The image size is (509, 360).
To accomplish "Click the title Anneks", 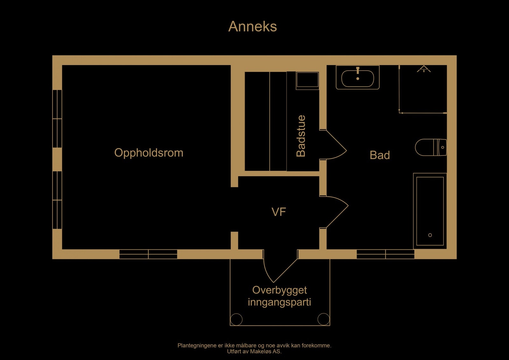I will coord(253,26).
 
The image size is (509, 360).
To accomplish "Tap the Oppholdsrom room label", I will coord(149,153).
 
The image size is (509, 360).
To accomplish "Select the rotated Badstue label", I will coord(301,136).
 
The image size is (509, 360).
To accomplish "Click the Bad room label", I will coord(380,155).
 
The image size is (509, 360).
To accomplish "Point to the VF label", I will coord(279,212).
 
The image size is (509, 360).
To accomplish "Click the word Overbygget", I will coord(279,290).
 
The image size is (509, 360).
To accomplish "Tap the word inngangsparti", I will coord(279,302).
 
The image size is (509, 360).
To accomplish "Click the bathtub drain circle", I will coord(430,235).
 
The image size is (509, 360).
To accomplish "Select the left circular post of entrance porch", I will coord(236,319).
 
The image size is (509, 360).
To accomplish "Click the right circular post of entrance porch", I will coord(324,319).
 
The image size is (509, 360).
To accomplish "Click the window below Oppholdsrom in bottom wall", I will coord(148,254).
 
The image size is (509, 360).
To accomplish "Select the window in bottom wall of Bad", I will coord(385,254).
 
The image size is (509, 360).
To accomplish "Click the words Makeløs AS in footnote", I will coord(266,351).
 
